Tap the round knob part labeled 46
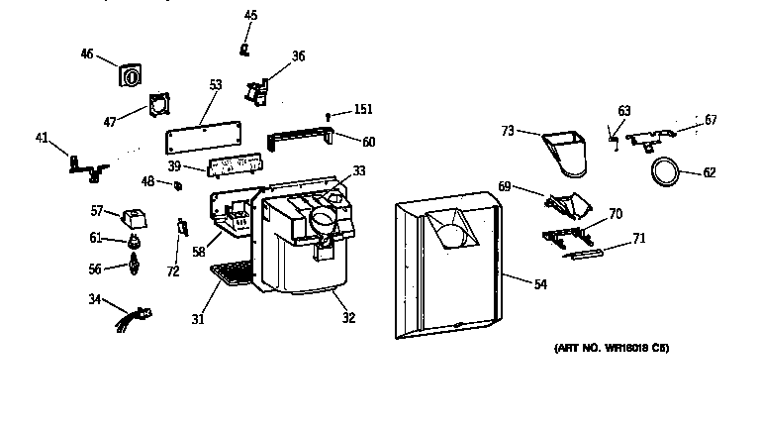(130, 76)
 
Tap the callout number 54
(540, 285)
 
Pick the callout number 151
(364, 109)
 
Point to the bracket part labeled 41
(85, 166)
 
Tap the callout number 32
(348, 318)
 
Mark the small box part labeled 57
(132, 216)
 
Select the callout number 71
(638, 239)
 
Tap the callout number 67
(711, 120)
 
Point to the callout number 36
(298, 56)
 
